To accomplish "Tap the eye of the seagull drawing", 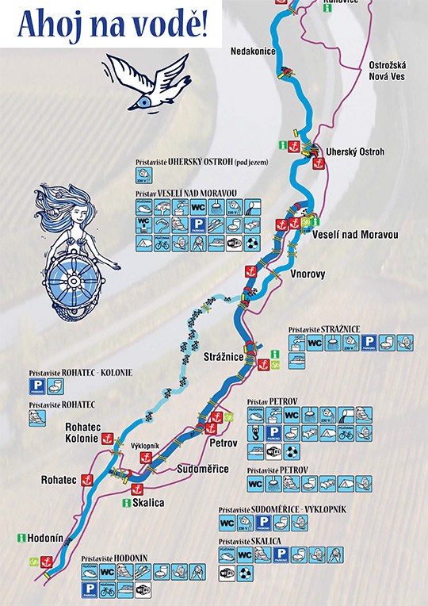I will coord(143,101).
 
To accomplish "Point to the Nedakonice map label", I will coord(252,50).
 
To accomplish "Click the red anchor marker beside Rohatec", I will coord(89,480).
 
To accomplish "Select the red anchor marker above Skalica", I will coord(136,489).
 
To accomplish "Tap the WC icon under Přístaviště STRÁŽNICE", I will coord(315,343).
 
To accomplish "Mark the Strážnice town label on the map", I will coord(223,355).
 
